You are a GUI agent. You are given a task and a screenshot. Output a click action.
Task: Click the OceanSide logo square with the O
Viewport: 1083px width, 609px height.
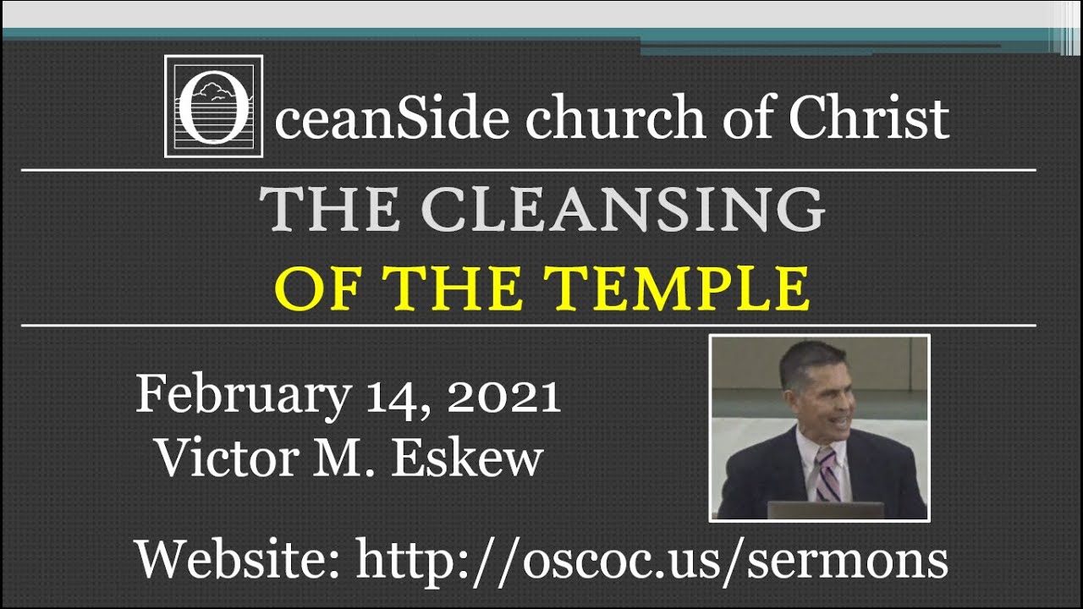coord(213,107)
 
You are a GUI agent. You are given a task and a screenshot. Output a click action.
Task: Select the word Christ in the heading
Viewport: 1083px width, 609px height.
coord(868,118)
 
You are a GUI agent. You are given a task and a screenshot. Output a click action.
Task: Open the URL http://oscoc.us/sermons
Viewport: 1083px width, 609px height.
coord(651,560)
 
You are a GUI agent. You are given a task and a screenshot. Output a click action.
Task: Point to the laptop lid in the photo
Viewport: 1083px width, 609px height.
coord(825,510)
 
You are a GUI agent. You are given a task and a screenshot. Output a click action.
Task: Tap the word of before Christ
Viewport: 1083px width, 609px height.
coord(751,118)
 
